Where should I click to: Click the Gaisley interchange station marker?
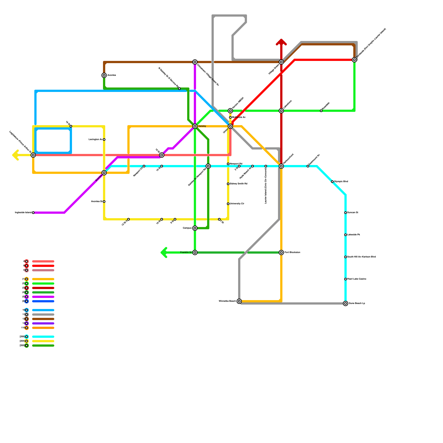coord(195,126)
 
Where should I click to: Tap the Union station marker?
coord(230,126)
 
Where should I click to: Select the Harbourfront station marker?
coord(281,166)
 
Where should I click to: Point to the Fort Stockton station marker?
coord(281,253)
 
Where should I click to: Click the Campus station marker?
coord(195,228)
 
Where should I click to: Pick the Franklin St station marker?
coord(195,253)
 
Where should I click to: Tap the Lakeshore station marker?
coord(281,111)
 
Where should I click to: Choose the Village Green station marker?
coord(281,62)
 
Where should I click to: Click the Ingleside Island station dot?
coord(33,213)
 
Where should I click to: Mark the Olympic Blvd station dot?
coord(332,182)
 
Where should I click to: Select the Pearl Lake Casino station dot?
coord(346,279)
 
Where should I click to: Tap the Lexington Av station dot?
coord(104,140)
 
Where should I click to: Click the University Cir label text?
coord(237,204)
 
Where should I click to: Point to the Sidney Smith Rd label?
coord(238,184)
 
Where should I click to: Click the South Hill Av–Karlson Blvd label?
coord(361,257)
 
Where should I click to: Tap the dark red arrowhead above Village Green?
coord(281,42)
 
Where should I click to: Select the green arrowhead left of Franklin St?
coord(163,253)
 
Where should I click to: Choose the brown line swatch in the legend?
coord(43,319)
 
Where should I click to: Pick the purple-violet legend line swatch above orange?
coord(43,323)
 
